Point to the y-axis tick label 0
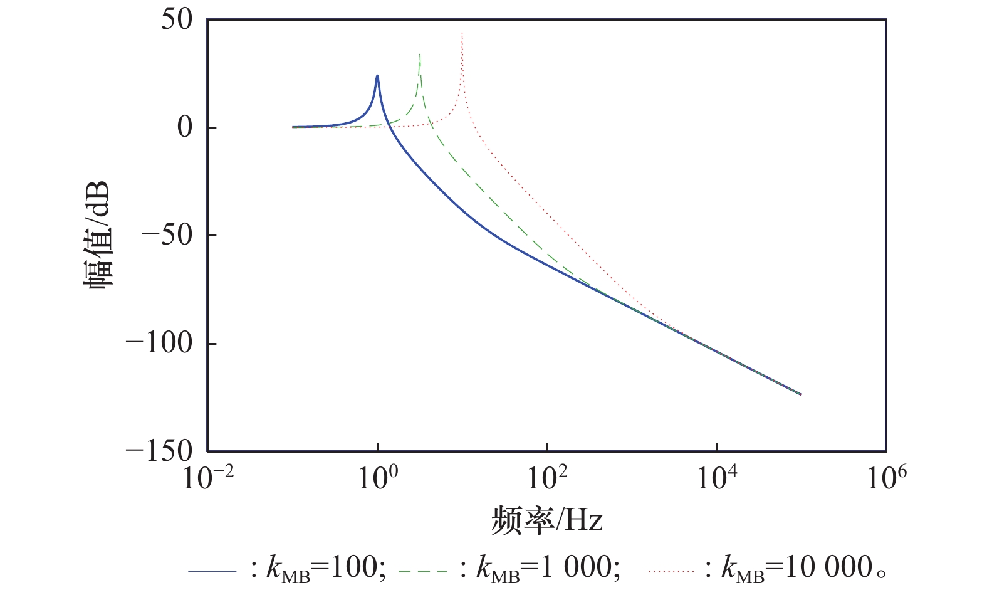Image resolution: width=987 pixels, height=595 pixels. (x=185, y=128)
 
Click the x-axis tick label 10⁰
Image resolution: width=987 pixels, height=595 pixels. (x=377, y=480)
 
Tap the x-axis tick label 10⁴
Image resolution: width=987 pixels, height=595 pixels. (x=716, y=480)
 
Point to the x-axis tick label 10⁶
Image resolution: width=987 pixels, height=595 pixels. (x=885, y=480)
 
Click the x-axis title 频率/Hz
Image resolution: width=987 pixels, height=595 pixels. (x=546, y=521)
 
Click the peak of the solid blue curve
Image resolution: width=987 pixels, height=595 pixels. (x=377, y=76)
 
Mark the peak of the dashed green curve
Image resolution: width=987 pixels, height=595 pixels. (x=419, y=54)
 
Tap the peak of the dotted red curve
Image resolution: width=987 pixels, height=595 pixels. (x=462, y=33)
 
